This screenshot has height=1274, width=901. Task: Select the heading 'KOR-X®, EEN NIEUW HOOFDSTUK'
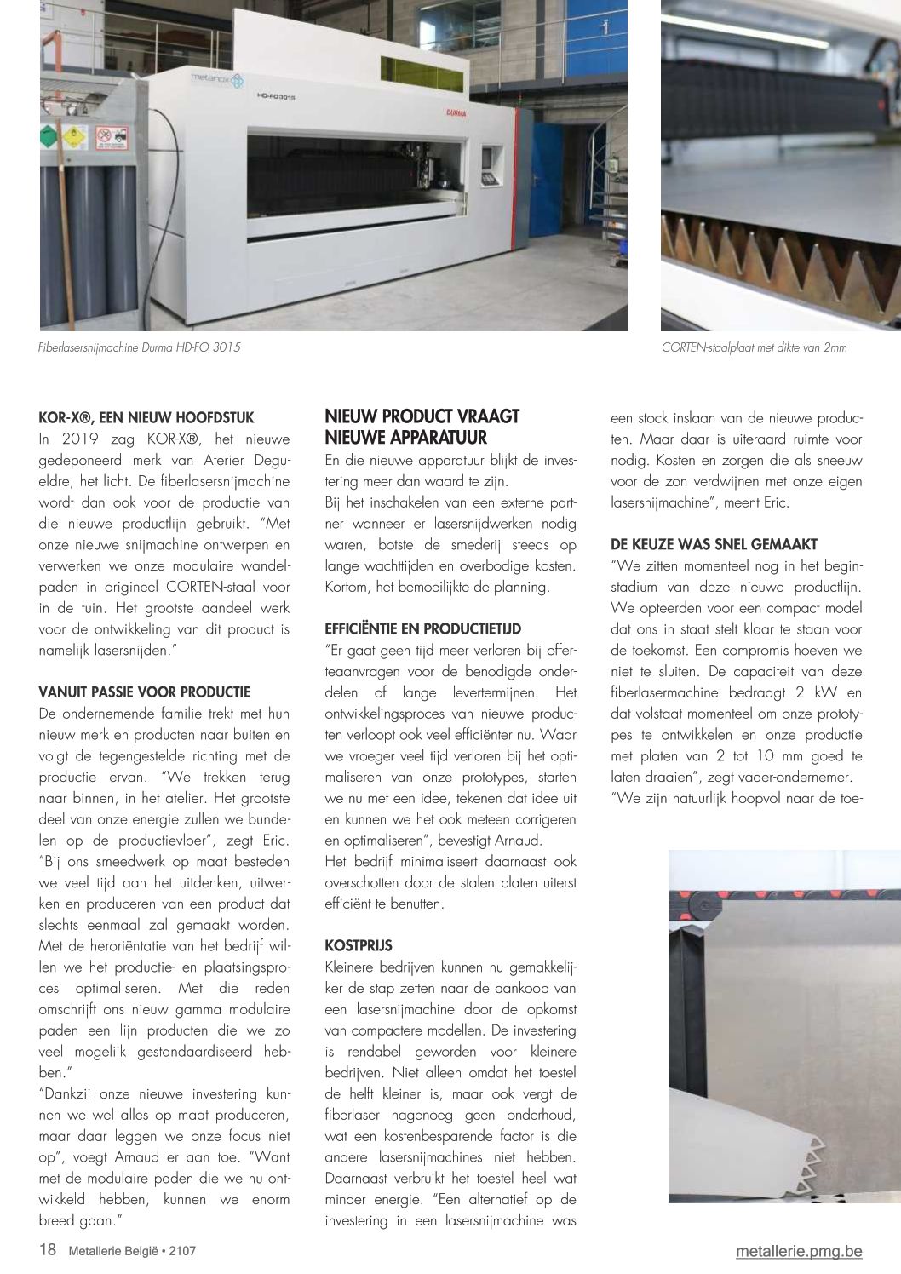[146, 418]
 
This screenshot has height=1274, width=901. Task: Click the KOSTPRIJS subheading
[359, 946]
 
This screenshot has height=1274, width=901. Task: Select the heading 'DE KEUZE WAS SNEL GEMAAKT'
[714, 544]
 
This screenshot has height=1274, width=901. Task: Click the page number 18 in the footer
[48, 1250]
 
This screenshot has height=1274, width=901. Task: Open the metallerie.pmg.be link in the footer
[799, 1251]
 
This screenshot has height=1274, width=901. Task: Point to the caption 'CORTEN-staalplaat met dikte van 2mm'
[754, 347]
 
